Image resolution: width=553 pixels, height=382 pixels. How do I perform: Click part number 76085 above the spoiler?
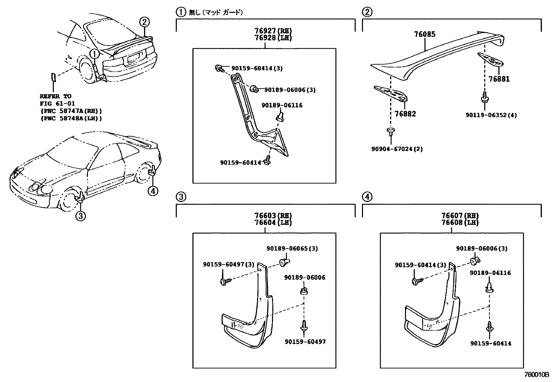(424, 34)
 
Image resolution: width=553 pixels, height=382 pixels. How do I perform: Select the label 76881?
(499, 79)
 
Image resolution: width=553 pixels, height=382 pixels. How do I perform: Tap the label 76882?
(405, 114)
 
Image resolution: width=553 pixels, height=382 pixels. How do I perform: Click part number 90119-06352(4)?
(491, 115)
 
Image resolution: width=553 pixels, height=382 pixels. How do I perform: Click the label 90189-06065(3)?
(292, 249)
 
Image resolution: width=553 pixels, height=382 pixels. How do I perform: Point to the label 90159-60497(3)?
(229, 265)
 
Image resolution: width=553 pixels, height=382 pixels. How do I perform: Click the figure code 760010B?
(537, 376)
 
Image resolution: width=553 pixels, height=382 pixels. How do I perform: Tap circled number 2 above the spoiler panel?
(367, 13)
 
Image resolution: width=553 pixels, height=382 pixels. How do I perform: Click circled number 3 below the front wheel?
(80, 216)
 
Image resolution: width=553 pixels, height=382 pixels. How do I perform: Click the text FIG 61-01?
(57, 104)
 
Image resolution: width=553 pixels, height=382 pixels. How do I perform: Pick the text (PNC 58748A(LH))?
(71, 118)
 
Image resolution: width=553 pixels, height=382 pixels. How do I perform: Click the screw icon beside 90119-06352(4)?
(484, 99)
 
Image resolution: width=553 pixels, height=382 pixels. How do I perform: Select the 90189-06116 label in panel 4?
(490, 273)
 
